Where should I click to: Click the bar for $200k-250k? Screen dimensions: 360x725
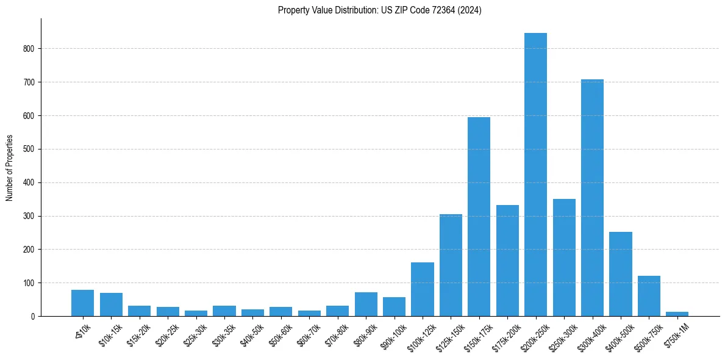pyautogui.click(x=535, y=175)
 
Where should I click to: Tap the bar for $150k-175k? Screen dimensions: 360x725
pyautogui.click(x=479, y=217)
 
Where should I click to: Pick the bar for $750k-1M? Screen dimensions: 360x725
pyautogui.click(x=677, y=314)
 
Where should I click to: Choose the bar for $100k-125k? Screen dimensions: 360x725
pyautogui.click(x=422, y=289)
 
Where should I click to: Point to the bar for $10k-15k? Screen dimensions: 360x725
pyautogui.click(x=111, y=304)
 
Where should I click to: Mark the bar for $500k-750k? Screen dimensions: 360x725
pyautogui.click(x=649, y=296)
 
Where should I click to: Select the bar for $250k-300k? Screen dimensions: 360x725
pyautogui.click(x=564, y=257)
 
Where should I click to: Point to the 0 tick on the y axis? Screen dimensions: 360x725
pyautogui.click(x=34, y=317)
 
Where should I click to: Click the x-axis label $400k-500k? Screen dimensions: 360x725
pyautogui.click(x=618, y=336)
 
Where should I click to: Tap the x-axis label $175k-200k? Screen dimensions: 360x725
pyautogui.click(x=505, y=336)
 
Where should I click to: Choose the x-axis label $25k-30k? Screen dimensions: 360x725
pyautogui.click(x=195, y=335)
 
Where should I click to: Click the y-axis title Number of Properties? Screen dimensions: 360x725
pyautogui.click(x=9, y=168)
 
